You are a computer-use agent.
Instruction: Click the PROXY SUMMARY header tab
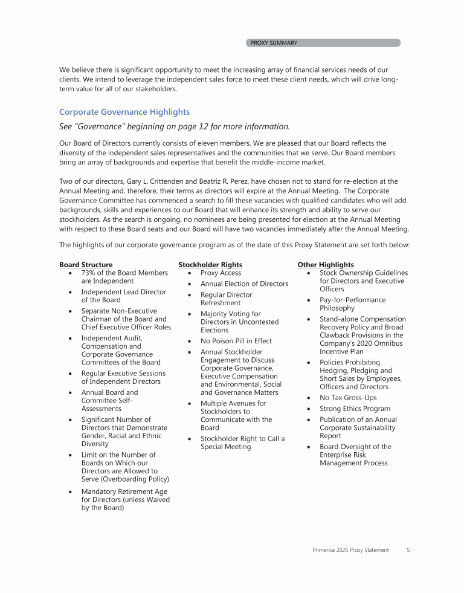[x=274, y=43]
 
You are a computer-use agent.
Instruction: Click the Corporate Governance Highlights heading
[x=124, y=112]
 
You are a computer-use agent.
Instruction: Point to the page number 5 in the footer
[x=408, y=550]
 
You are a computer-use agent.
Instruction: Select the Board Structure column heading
[x=86, y=265]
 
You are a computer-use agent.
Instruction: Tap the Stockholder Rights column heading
[x=210, y=265]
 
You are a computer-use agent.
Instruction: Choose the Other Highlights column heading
[x=326, y=265]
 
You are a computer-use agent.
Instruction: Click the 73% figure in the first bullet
[x=89, y=273]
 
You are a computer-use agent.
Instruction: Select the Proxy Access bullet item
[x=221, y=273]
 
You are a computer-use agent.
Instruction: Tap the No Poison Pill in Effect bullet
[x=236, y=341]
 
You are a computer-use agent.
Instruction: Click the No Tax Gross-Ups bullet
[x=349, y=398]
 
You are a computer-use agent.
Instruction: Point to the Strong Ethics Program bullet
[x=355, y=409]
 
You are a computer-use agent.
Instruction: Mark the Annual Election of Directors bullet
[x=244, y=284]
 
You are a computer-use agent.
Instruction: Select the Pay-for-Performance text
[x=352, y=300]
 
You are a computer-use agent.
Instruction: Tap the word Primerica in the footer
[x=327, y=550]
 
